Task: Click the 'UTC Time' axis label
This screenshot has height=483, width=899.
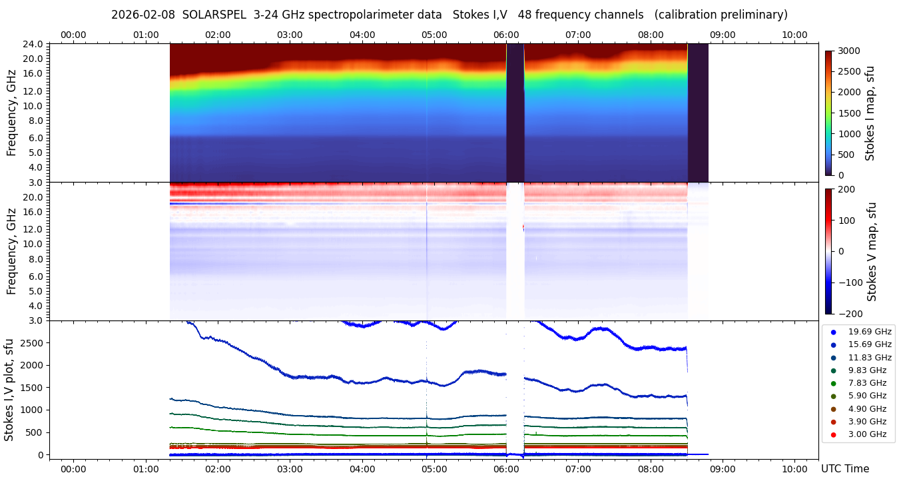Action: [x=844, y=468]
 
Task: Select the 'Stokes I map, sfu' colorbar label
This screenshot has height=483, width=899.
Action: [x=870, y=113]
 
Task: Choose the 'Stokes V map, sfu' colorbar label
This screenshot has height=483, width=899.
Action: [x=872, y=251]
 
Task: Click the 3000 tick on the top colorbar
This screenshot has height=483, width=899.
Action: [x=848, y=51]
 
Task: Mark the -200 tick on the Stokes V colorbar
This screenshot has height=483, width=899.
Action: [x=848, y=314]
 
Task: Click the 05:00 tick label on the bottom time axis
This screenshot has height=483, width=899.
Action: [x=434, y=468]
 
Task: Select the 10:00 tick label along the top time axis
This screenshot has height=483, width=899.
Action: [x=794, y=35]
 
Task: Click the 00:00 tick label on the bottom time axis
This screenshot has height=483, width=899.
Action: [x=73, y=468]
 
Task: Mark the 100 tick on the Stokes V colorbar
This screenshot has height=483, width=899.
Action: [x=846, y=220]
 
